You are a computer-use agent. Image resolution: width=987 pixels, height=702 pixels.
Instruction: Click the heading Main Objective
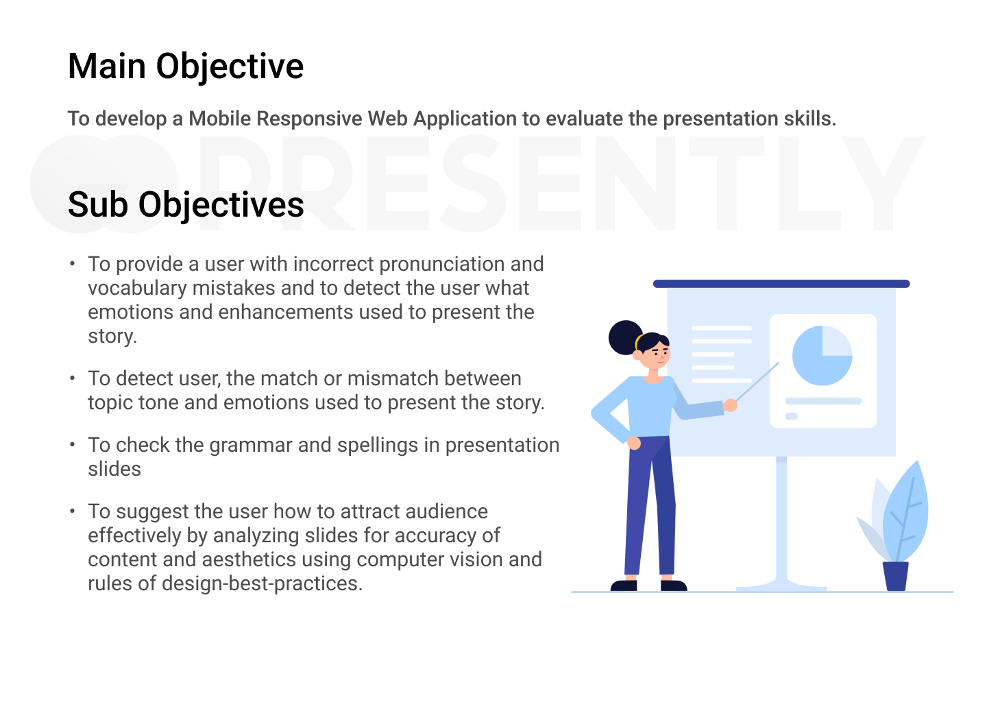(x=186, y=66)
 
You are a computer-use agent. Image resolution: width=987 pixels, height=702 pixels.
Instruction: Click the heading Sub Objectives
(x=186, y=205)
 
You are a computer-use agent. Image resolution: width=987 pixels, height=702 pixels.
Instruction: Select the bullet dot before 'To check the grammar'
(x=72, y=445)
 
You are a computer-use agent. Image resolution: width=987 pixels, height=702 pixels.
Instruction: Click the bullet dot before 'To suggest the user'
(x=72, y=511)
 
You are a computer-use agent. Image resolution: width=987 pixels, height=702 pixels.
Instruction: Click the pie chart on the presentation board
(x=822, y=356)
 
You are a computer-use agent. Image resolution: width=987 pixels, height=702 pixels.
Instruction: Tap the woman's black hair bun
(x=626, y=337)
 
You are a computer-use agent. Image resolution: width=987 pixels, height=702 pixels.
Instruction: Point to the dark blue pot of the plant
(x=895, y=576)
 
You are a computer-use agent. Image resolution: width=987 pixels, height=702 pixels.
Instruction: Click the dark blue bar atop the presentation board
(x=781, y=284)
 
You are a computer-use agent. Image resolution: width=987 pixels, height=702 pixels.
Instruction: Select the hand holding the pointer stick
(x=730, y=405)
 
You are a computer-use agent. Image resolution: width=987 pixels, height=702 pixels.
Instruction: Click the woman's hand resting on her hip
(x=633, y=443)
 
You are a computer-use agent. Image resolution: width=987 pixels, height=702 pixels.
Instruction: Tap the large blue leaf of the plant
(x=907, y=513)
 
